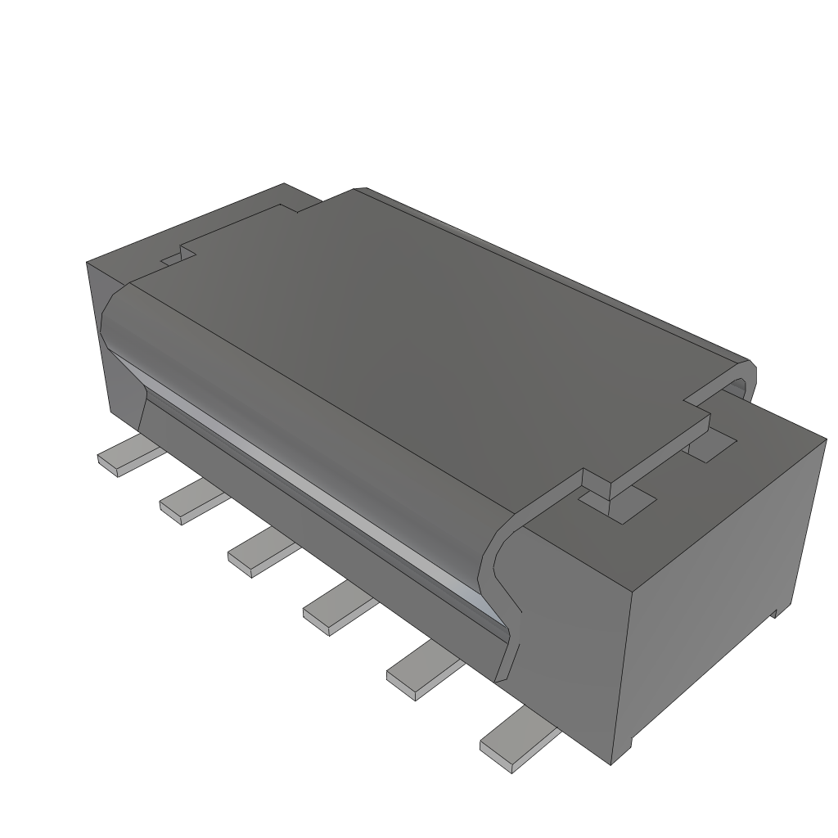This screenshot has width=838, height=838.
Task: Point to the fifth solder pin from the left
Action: click(x=421, y=670)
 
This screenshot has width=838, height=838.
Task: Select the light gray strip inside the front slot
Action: click(x=327, y=491)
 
